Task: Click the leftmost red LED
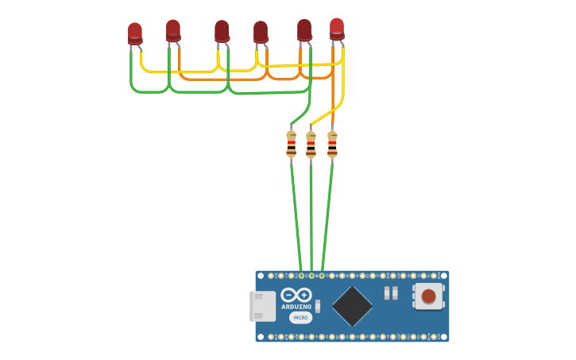click(x=135, y=33)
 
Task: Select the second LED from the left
click(x=173, y=30)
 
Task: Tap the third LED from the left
click(x=222, y=31)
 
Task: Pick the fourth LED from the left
click(x=261, y=32)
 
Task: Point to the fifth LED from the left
click(x=304, y=30)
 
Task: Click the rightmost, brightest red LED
click(x=337, y=29)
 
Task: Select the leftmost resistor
click(x=292, y=144)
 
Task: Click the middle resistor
click(x=311, y=145)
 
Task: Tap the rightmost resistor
click(x=332, y=144)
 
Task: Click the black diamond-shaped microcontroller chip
click(x=352, y=306)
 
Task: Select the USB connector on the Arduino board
click(x=262, y=306)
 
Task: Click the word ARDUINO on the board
click(x=296, y=307)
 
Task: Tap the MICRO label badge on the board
click(x=300, y=318)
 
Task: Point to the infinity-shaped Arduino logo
click(x=296, y=295)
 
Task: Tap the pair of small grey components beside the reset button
click(x=391, y=293)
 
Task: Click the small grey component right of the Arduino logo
click(x=318, y=306)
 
